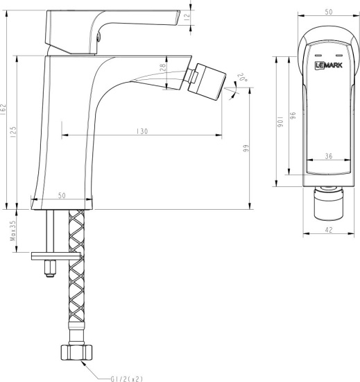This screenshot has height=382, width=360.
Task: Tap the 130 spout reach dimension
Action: pyautogui.click(x=143, y=131)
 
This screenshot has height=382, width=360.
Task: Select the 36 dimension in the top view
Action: pyautogui.click(x=328, y=156)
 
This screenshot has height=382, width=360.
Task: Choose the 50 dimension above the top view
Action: pyautogui.click(x=328, y=12)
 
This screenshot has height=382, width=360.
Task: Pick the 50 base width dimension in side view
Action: pyautogui.click(x=62, y=197)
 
